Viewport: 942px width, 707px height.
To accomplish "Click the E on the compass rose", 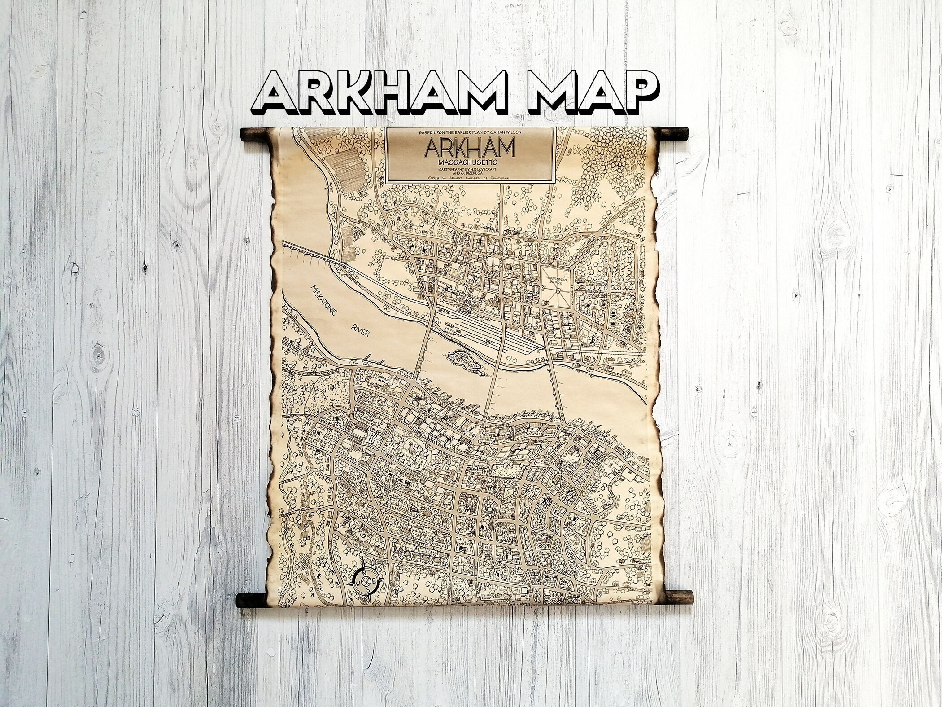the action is (373, 582).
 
